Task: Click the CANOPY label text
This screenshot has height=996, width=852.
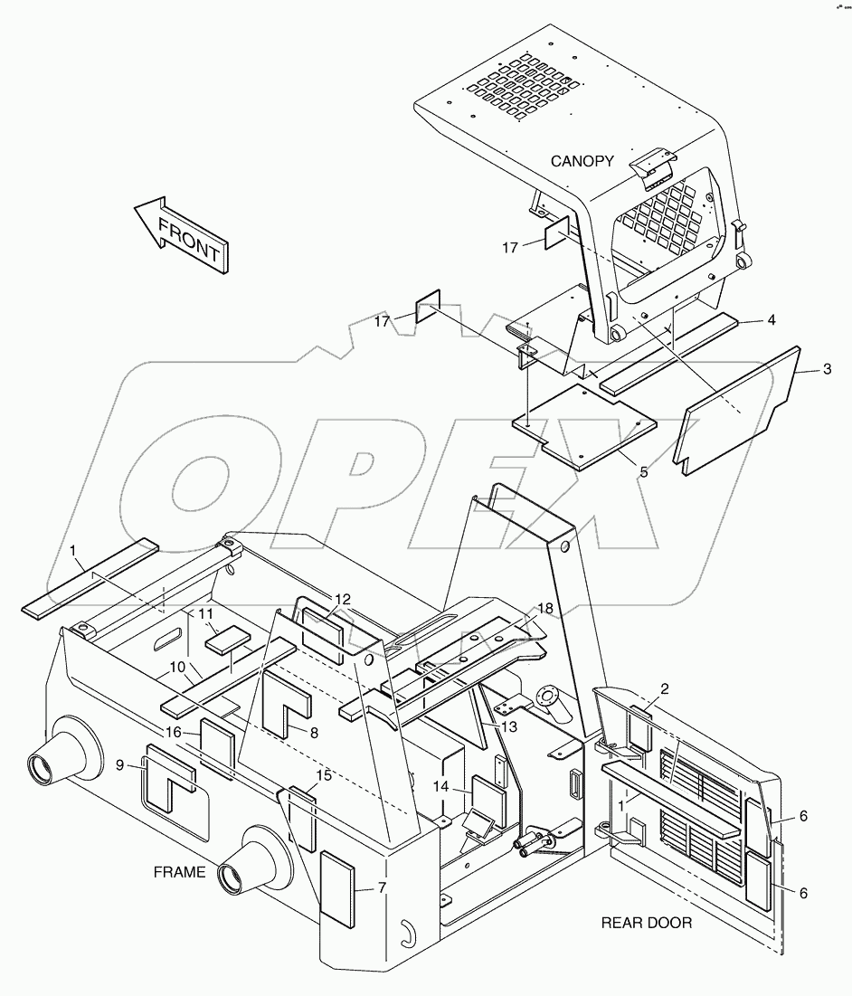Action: pos(582,162)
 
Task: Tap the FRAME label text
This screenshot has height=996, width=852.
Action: pos(179,872)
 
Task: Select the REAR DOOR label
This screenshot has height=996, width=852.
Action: pos(647,923)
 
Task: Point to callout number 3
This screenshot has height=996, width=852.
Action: pos(827,369)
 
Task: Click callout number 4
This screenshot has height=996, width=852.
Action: pos(771,319)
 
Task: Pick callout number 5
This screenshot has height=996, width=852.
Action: pos(643,472)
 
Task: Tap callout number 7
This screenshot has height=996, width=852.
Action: pos(382,888)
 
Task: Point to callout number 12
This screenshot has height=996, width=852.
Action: pos(342,599)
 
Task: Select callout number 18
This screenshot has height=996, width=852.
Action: pos(544,609)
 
